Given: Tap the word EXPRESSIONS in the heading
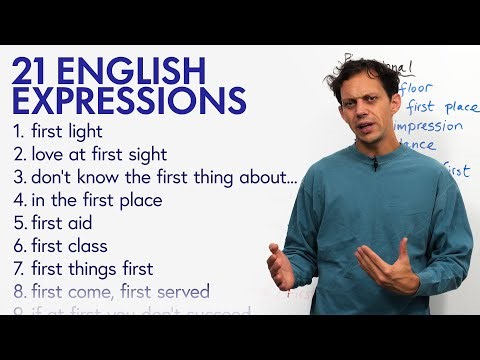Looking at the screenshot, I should coord(128,101).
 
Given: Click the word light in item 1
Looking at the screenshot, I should coord(109,131).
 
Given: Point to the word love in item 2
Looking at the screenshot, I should coord(49,154).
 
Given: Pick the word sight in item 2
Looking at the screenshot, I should coord(143,154).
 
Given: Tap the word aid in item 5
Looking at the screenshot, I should coord(80,223).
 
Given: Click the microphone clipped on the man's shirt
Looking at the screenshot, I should coord(374,166).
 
